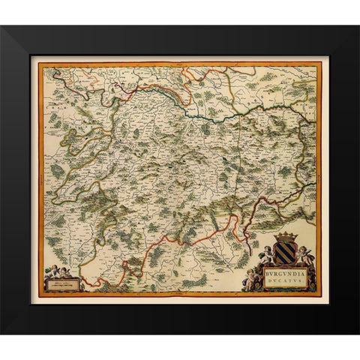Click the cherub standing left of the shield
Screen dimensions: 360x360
point(268,253)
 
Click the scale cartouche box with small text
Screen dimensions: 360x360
point(62,283)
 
